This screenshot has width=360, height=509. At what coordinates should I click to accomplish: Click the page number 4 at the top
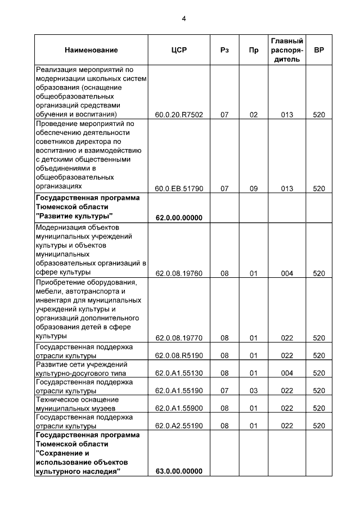tap(183, 18)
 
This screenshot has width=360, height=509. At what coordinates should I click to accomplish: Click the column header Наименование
tap(91, 50)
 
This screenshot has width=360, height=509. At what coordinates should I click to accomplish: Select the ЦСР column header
tap(178, 50)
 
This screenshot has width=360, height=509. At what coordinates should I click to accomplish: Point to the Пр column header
tap(253, 50)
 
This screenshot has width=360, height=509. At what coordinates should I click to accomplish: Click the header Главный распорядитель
tap(287, 50)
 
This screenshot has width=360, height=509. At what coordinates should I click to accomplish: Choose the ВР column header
tap(319, 50)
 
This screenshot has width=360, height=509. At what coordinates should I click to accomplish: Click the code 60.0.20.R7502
tap(178, 115)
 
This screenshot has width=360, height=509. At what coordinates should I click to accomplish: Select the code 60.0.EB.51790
tap(178, 188)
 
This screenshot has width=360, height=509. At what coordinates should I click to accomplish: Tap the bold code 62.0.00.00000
tap(178, 218)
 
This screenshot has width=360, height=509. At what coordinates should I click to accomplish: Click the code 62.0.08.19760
tap(178, 273)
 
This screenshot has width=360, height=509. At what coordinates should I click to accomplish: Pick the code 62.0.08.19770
tap(178, 338)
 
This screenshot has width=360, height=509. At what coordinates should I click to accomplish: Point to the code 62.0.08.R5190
tap(178, 355)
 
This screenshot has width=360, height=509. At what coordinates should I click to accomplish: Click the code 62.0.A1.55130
tap(178, 373)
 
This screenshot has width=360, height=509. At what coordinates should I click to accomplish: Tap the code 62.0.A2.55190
tap(178, 426)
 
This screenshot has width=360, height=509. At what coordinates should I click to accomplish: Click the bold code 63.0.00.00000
tap(178, 471)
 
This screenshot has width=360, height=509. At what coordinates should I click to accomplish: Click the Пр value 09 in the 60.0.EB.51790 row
tap(253, 188)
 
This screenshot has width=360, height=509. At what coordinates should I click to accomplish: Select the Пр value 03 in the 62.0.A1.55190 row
tap(253, 390)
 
